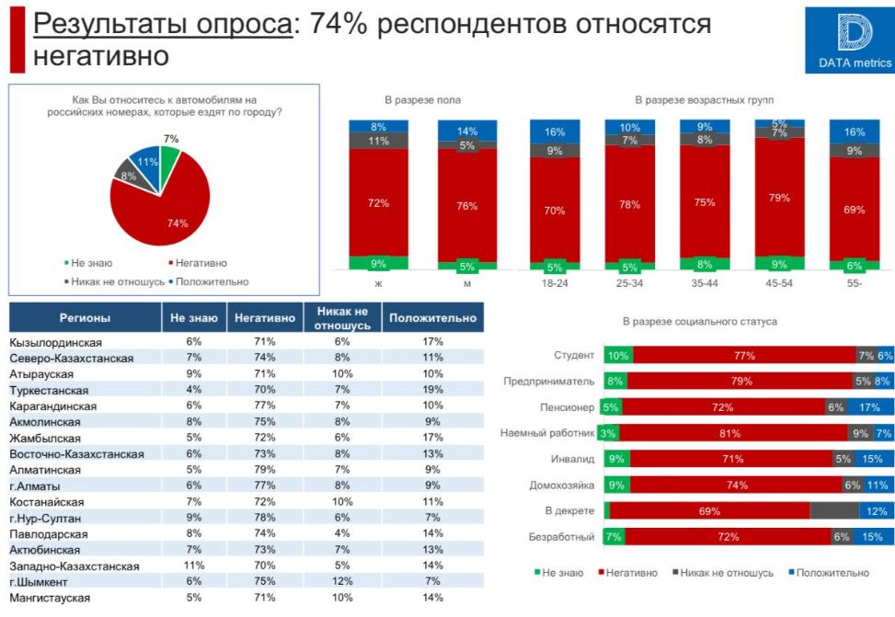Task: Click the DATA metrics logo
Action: tap(854, 41)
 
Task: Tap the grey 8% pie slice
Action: tap(127, 172)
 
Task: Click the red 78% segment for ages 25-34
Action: tap(630, 204)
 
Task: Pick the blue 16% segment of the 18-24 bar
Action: tap(555, 131)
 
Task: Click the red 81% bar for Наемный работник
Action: tap(733, 433)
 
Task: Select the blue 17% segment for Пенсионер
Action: tap(870, 407)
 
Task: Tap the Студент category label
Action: tap(575, 356)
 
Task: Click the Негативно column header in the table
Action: tap(265, 318)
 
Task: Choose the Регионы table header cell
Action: tap(85, 318)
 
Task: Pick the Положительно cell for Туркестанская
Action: tap(433, 390)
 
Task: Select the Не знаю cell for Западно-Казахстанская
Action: tap(194, 566)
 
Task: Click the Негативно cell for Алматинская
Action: tap(265, 470)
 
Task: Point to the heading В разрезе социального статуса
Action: tap(699, 322)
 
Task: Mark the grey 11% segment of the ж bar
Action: tap(379, 142)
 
